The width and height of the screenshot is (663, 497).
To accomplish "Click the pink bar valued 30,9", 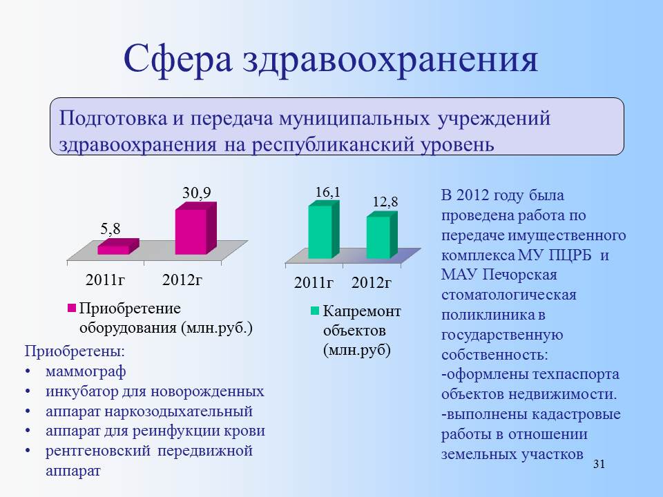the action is coord(195,228).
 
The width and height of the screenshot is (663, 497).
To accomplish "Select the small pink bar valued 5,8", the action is coord(118,247).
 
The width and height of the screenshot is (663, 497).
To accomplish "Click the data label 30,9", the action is coord(197,193).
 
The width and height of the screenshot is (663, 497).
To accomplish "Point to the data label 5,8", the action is coord(110,229).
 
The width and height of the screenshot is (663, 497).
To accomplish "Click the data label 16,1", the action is coord(327,193).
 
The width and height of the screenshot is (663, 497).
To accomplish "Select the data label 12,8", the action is coord(385,202).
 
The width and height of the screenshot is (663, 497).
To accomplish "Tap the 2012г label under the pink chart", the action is coord(182,280).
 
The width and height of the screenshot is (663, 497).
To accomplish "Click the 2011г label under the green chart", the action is coord(314,283).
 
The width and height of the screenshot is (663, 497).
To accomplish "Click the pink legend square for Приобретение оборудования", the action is coord(71,308).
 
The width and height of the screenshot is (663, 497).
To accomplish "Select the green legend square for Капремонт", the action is coord(315,311).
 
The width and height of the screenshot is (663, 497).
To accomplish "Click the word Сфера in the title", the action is coord(178,59).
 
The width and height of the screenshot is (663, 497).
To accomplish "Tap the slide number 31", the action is coord(599,464).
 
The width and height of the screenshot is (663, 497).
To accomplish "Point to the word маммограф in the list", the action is coord(86,371).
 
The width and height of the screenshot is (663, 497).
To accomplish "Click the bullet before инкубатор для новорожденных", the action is coord(28,392).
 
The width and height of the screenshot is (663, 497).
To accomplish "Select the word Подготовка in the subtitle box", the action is coord(113,118).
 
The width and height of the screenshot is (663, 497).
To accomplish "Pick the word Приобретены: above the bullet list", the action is coord(75,351).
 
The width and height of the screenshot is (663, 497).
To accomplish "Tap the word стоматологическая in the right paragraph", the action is coord(509,295).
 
